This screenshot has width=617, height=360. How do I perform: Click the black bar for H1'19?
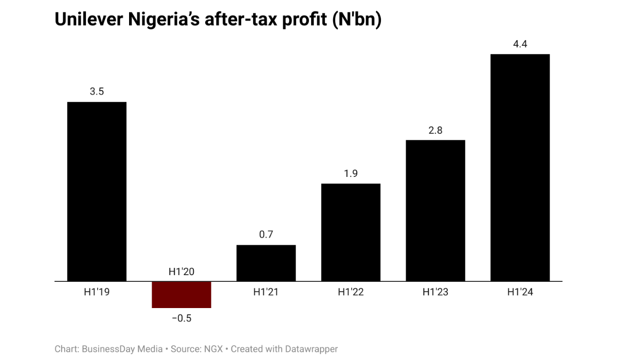(97, 191)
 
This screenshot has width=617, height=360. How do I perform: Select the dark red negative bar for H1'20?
(181, 295)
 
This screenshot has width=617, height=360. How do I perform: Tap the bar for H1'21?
(266, 263)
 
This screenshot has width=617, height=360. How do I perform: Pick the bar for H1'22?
(351, 232)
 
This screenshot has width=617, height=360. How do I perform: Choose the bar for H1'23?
(435, 210)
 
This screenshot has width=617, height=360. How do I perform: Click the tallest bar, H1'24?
(520, 168)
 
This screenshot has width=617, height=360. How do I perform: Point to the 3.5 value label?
(97, 92)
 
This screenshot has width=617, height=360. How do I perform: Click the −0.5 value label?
(181, 318)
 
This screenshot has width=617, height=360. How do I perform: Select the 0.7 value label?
(266, 235)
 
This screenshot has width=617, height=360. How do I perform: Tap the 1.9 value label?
(351, 174)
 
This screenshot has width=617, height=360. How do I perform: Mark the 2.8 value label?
(435, 130)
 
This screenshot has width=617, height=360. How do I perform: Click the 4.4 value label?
(520, 44)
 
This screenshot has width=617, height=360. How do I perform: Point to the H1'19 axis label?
(97, 292)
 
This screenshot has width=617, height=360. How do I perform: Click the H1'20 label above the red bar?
(181, 272)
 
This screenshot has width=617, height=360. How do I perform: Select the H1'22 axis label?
(351, 292)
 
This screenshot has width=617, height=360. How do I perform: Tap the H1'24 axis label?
(520, 292)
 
